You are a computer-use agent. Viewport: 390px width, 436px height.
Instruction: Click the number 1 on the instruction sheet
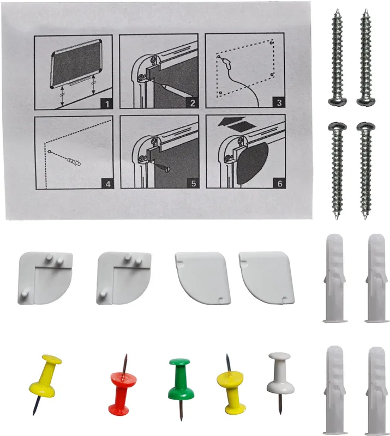tap(107, 104)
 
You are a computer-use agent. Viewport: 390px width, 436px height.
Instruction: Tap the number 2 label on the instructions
tap(193, 103)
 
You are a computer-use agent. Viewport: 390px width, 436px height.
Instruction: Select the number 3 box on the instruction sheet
tap(279, 102)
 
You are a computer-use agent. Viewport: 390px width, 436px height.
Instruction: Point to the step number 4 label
tap(108, 184)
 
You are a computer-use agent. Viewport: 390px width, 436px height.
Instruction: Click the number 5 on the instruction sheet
tap(194, 183)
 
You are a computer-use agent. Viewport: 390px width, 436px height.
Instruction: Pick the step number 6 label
tap(280, 183)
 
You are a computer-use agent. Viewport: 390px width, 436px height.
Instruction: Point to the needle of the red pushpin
tap(125, 364)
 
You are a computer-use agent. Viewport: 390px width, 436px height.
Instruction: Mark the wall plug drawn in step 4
tap(74, 161)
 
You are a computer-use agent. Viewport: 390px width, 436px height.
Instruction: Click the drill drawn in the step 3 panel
tap(226, 63)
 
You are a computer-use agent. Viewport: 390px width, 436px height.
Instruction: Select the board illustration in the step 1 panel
tap(76, 63)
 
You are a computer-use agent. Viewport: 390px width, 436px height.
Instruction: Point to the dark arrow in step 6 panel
tap(232, 121)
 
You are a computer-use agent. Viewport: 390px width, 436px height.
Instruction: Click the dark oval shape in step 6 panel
tap(252, 163)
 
